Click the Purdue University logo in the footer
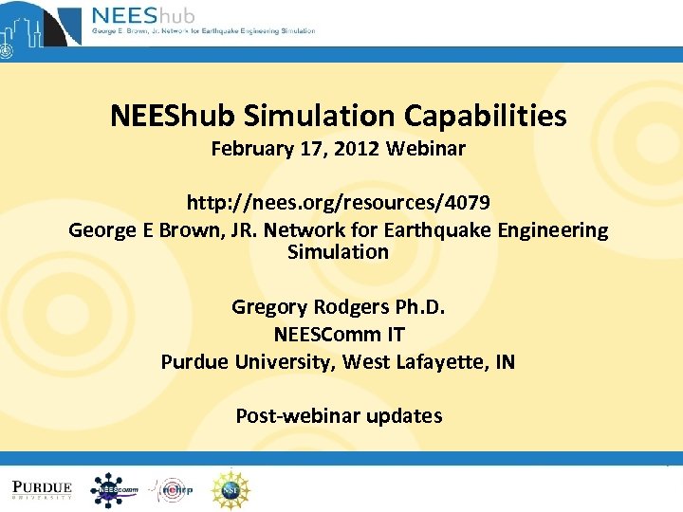coord(43,489)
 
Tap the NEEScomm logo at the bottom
coord(114,489)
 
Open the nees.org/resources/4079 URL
coord(339,203)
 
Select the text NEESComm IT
coord(339,335)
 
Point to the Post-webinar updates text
coord(339,415)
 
